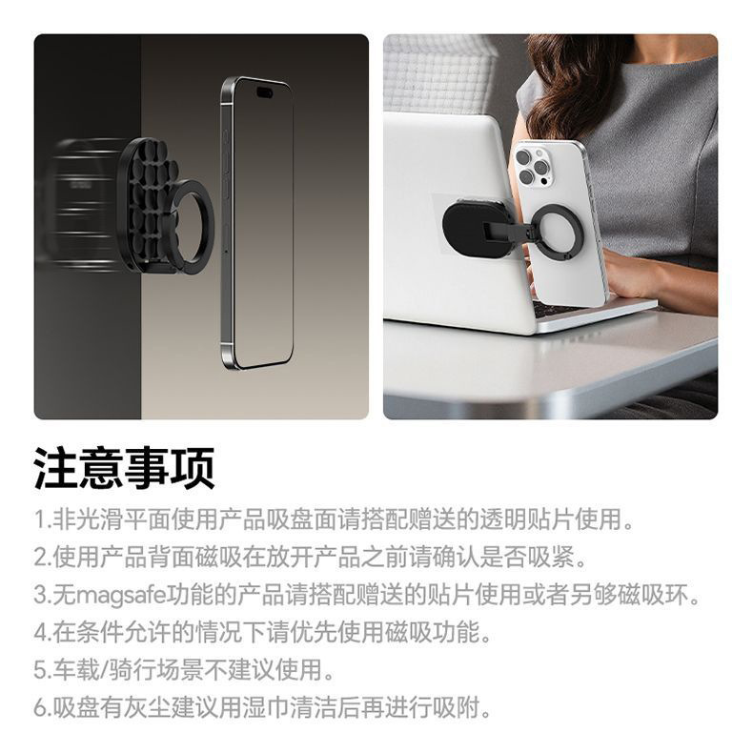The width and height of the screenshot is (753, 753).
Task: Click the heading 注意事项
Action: pyautogui.click(x=124, y=468)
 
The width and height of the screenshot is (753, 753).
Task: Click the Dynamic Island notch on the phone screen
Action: pyautogui.click(x=264, y=92)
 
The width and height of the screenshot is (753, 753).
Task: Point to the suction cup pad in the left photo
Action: pyautogui.click(x=147, y=203)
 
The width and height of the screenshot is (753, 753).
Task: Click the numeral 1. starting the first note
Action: pyautogui.click(x=42, y=519)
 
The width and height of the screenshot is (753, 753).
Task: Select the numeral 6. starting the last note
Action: pyautogui.click(x=42, y=708)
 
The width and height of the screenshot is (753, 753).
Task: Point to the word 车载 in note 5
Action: pyautogui.click(x=75, y=670)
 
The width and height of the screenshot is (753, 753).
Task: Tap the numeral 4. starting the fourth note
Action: pyautogui.click(x=42, y=633)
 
